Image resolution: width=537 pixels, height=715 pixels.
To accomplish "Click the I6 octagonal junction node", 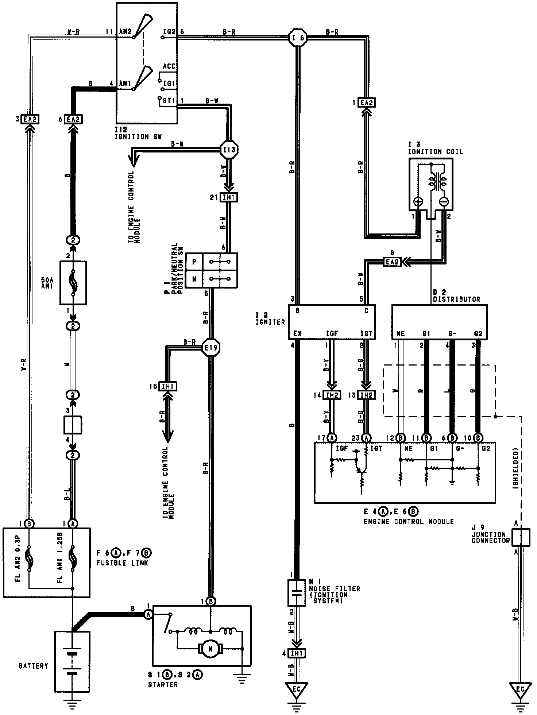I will (x=298, y=37).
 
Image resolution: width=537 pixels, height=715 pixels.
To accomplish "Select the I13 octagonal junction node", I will (x=229, y=150).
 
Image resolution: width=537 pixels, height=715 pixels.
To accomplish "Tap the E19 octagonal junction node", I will (x=211, y=348).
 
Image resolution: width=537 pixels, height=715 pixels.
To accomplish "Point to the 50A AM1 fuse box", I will (x=73, y=282).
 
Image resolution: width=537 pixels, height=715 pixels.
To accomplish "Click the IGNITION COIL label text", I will (x=435, y=152).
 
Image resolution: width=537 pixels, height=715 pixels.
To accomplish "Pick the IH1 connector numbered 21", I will (x=229, y=197).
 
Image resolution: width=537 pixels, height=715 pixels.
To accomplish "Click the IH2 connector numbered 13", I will (x=366, y=395).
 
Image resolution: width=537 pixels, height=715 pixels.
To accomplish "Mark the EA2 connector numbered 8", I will (x=392, y=262).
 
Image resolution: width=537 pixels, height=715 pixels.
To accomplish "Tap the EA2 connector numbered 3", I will (x=31, y=119).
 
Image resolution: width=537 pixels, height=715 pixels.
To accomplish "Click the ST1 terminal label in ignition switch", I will (x=169, y=101).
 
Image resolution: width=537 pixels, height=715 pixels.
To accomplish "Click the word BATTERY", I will (x=34, y=666).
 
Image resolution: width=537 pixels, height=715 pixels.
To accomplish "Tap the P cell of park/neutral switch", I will (x=194, y=262).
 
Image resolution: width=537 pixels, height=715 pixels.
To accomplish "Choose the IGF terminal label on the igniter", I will (x=332, y=333).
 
